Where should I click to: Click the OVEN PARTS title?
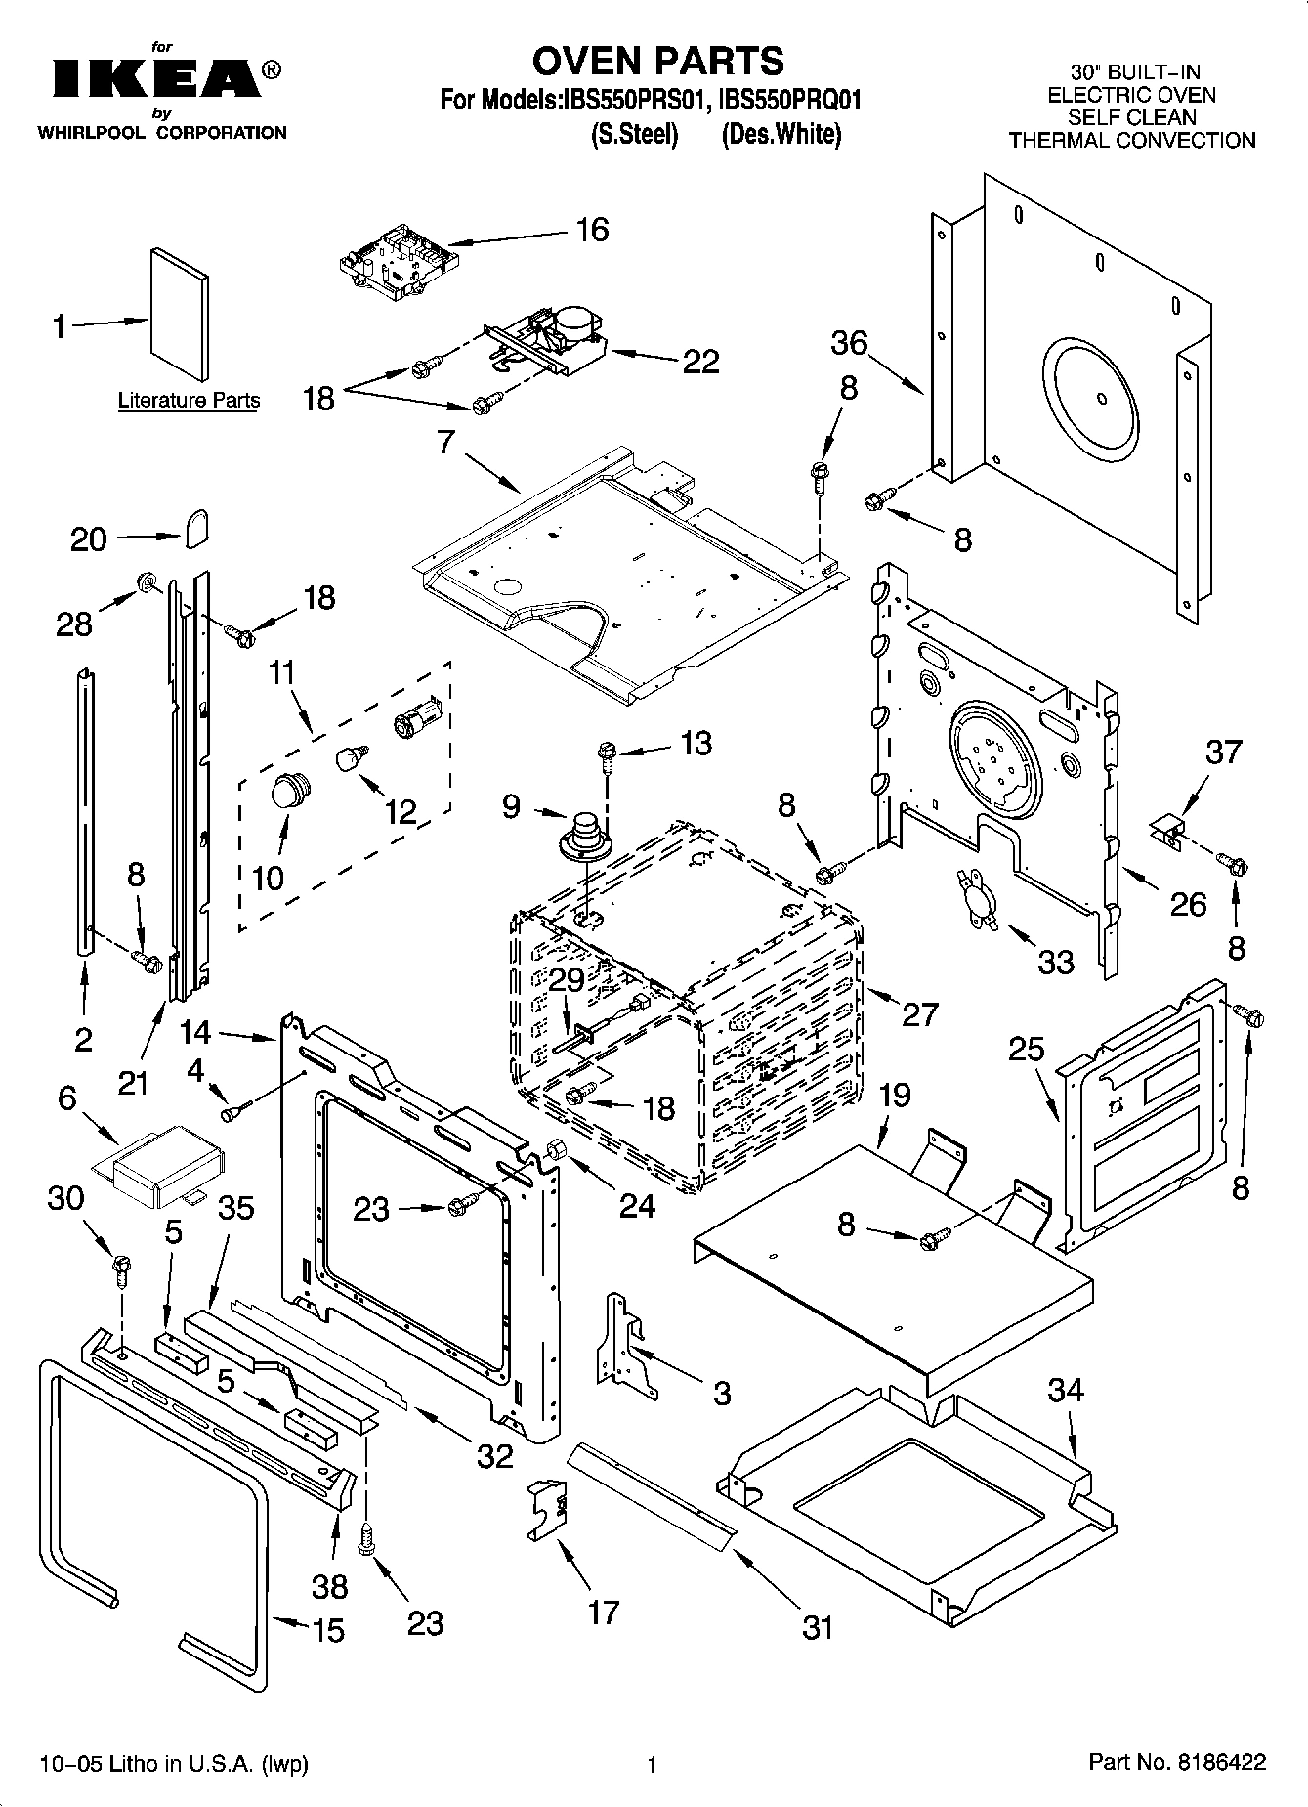[656, 61]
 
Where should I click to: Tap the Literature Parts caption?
[189, 400]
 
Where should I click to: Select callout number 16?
[592, 230]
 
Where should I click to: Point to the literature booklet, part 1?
[179, 313]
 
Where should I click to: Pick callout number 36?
[849, 343]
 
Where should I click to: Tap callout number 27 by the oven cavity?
[919, 1013]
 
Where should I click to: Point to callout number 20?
[89, 538]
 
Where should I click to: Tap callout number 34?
[1065, 1389]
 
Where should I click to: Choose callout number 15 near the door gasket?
[329, 1631]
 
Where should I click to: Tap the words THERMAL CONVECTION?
[1131, 140]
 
